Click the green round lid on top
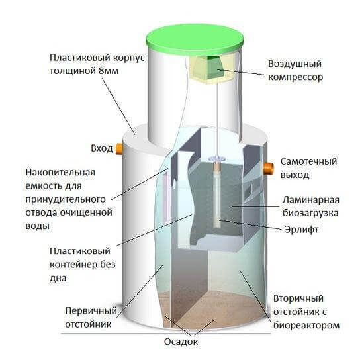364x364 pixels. [x=195, y=40]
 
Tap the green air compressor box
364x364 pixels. [x=215, y=68]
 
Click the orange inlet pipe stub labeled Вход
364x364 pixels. [x=119, y=149]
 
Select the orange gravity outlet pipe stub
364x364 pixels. [x=269, y=168]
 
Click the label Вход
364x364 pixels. [x=102, y=148]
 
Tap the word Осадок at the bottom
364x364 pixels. [x=181, y=341]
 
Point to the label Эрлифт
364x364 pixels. [x=301, y=230]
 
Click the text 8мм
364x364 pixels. [x=109, y=71]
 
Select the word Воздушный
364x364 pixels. [x=295, y=64]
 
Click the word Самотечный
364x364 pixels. [x=308, y=161]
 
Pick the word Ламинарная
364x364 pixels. [x=311, y=200]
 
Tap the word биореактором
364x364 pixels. [x=306, y=325]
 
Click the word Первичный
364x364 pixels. [x=91, y=310]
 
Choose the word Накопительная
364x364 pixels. [x=60, y=173]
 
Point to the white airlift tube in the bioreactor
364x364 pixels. [x=218, y=195]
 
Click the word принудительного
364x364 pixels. [x=66, y=199]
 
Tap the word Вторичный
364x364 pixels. [x=298, y=298]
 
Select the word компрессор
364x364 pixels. [x=296, y=77]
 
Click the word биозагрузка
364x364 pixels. [x=310, y=213]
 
